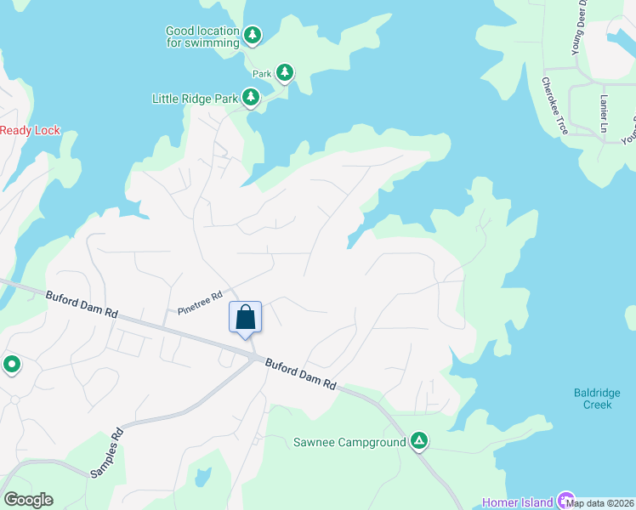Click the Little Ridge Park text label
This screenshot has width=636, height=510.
coord(195,99)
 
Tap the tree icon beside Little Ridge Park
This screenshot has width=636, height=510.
coord(251,99)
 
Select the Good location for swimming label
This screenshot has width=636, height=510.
coord(202,37)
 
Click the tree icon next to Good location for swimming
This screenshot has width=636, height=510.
coord(252,35)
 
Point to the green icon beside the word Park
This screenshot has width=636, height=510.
coord(285,73)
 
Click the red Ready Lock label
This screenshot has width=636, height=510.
coord(31,130)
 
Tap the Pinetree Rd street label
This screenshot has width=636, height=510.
coord(201,302)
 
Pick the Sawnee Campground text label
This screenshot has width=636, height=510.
coord(349,442)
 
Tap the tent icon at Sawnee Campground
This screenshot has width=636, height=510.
coord(418,441)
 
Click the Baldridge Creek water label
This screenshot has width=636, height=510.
coord(592,399)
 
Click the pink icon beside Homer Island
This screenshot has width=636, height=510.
coord(565,502)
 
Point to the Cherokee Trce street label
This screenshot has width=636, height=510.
coord(554,105)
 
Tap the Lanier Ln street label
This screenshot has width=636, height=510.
coord(605,112)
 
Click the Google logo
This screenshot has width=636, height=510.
coord(28,500)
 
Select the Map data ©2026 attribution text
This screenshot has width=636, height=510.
coord(599,503)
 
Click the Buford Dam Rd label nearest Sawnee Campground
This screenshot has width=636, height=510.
coord(301,374)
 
